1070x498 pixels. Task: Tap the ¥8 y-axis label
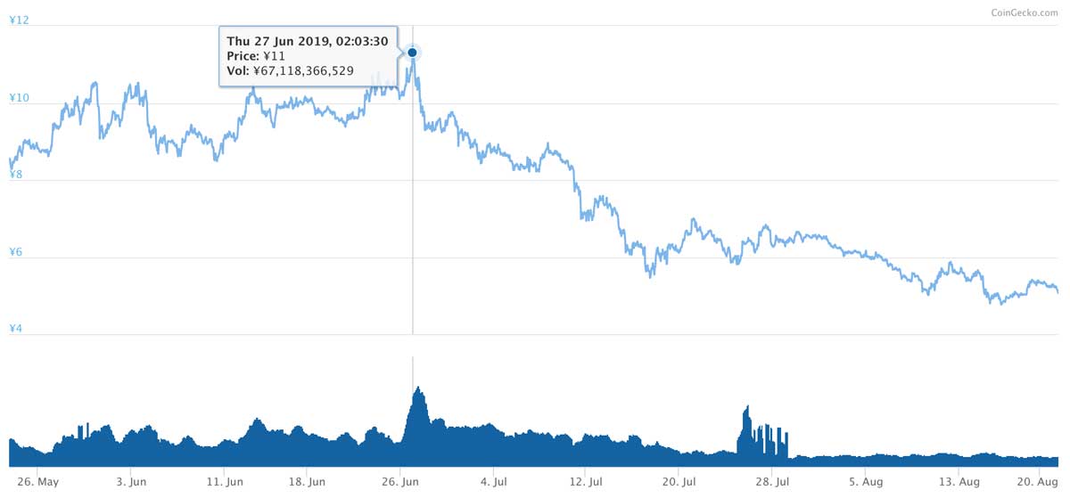pyautogui.click(x=16, y=175)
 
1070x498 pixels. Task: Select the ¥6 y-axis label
pyautogui.click(x=16, y=252)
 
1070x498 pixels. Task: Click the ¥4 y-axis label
pyautogui.click(x=16, y=330)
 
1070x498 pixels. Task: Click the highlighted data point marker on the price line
pyautogui.click(x=412, y=53)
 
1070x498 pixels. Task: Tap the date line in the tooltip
pyautogui.click(x=307, y=41)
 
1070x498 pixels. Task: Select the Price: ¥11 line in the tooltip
pyautogui.click(x=256, y=55)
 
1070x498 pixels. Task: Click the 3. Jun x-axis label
pyautogui.click(x=131, y=482)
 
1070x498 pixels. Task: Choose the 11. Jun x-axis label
pyautogui.click(x=224, y=482)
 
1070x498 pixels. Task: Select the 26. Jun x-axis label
pyautogui.click(x=399, y=482)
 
